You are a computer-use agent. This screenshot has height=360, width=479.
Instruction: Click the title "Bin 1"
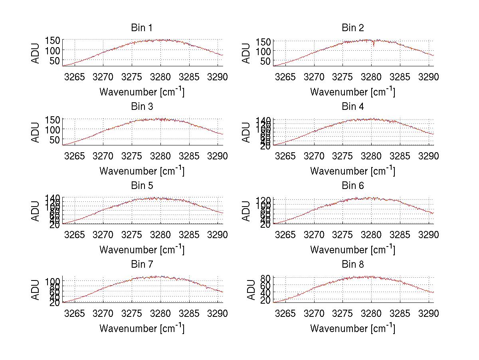point(141,28)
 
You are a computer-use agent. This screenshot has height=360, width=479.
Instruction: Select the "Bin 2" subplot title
point(353,28)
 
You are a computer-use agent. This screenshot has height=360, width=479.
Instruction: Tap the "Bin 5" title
point(141,186)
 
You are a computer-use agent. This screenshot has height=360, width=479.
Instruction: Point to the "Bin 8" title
point(353,265)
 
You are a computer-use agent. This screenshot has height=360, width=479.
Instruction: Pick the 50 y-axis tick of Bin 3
point(55,139)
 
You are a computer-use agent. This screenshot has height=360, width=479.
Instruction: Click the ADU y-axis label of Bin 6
point(247,212)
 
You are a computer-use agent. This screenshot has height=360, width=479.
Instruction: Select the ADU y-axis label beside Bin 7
point(36,290)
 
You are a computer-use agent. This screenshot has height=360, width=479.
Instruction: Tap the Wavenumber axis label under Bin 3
point(142,171)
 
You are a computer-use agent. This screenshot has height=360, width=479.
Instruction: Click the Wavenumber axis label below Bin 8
point(352,328)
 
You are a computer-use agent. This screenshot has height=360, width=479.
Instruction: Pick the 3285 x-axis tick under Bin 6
point(400,235)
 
